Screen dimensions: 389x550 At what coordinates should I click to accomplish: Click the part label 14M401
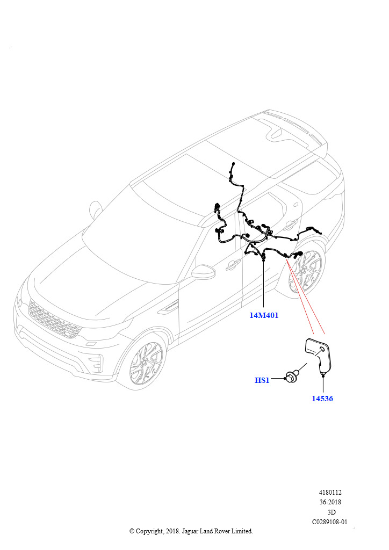(264, 315)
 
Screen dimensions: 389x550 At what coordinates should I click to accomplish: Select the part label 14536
(322, 399)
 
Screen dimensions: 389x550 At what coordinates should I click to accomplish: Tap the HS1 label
(262, 380)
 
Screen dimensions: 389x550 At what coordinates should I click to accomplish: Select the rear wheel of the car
(305, 271)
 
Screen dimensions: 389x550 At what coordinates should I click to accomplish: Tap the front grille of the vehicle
(54, 319)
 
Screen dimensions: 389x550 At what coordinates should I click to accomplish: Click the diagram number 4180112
(330, 493)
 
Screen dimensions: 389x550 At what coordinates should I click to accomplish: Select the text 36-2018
(330, 502)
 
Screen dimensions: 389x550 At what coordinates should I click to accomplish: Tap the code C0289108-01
(330, 522)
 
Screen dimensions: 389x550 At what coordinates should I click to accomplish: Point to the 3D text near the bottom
(331, 512)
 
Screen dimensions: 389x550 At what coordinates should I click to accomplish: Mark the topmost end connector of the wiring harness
(233, 164)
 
